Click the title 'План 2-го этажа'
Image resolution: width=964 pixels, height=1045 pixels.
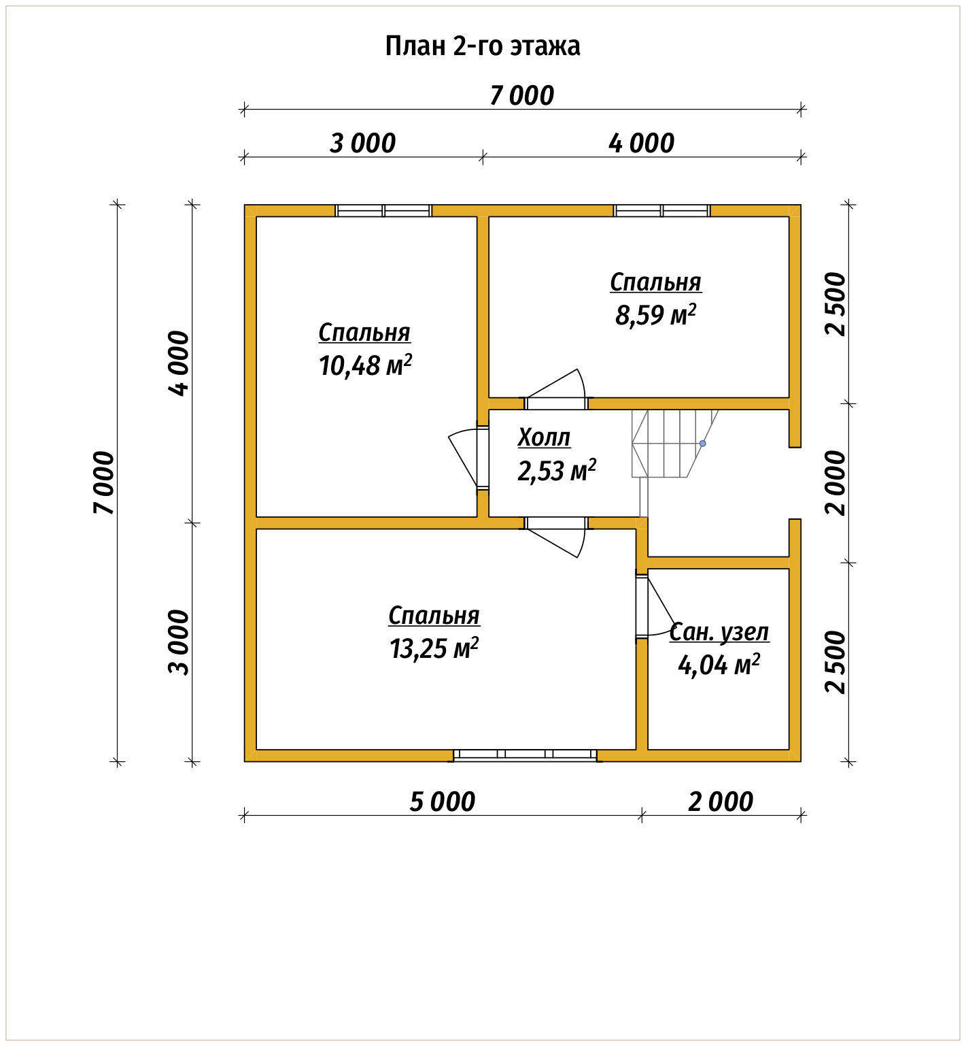(x=483, y=46)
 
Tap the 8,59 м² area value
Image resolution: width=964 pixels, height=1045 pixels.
(x=655, y=315)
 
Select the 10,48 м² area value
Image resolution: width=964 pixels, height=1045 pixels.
(x=365, y=366)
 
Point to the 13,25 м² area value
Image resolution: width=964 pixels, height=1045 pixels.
(x=434, y=648)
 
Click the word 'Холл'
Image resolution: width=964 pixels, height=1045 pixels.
(x=544, y=437)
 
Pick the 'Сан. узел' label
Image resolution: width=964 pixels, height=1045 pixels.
(x=719, y=632)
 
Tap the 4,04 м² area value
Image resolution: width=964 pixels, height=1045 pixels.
(x=719, y=665)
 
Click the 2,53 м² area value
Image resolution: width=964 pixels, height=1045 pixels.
(x=557, y=470)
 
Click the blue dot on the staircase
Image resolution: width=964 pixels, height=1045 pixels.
(x=703, y=444)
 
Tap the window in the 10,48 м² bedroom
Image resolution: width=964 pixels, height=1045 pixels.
(x=383, y=210)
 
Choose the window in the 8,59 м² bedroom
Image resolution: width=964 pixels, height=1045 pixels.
(x=662, y=210)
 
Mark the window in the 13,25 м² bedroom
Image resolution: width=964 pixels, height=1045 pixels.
(x=525, y=754)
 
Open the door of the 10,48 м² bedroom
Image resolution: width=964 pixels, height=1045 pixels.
(x=469, y=457)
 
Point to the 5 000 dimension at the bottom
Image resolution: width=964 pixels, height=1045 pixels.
(x=442, y=801)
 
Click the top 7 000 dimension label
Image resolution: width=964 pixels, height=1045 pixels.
(x=522, y=95)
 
